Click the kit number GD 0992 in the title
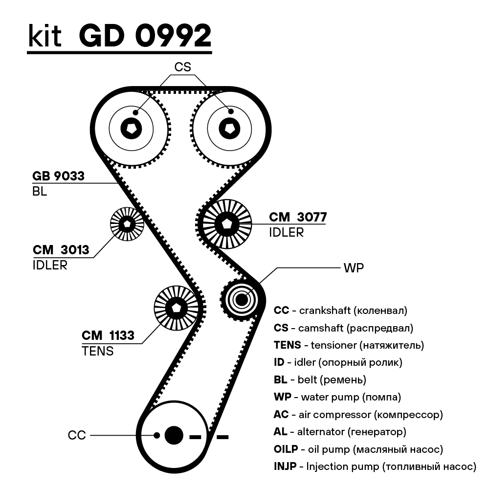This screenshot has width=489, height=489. click(145, 35)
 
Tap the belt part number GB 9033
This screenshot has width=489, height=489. click(58, 176)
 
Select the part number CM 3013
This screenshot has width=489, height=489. click(61, 250)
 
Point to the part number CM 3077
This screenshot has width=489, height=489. click(297, 217)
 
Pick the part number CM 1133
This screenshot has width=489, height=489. click(108, 335)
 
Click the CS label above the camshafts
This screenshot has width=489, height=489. click(183, 67)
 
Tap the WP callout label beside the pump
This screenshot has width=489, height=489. click(354, 268)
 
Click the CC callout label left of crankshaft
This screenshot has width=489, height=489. click(77, 435)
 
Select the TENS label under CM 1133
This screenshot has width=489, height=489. click(98, 351)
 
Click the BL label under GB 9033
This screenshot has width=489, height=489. click(40, 192)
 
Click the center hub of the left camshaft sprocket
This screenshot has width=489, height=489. click(131, 129)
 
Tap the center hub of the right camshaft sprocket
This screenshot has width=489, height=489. click(229, 129)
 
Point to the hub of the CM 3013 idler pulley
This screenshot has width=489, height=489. click(127, 224)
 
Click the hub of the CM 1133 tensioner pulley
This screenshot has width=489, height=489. click(177, 308)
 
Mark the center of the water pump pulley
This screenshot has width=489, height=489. click(242, 298)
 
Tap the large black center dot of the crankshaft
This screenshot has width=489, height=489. click(174, 435)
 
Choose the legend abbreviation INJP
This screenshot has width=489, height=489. click(285, 466)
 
